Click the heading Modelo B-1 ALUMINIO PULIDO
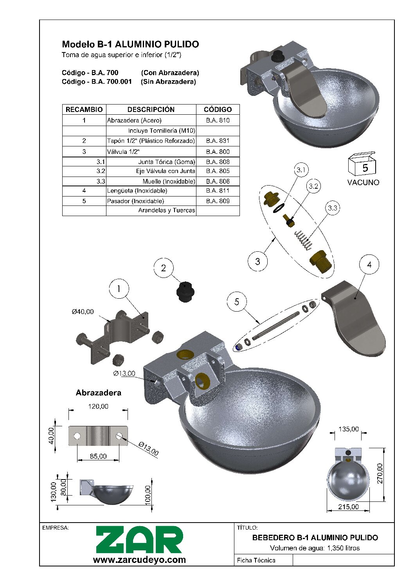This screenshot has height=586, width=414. pos(130,44)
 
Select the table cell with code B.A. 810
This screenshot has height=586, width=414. pos(218,120)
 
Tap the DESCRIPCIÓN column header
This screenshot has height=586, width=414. pos(151,110)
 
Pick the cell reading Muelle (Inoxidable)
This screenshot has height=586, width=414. pos(169,181)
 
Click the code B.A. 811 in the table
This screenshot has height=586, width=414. pos(218,191)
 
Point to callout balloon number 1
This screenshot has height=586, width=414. pos(119,289)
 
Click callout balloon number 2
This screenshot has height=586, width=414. pos(163,268)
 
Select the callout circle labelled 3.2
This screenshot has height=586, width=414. pos(313,186)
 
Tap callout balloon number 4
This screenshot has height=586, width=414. pos(369,265)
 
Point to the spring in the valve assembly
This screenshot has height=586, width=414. pos(303,240)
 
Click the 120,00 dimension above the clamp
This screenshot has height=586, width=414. pos(98,406)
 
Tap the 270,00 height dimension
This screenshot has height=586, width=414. pos(380,474)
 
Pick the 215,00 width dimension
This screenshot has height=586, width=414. pos(348,507)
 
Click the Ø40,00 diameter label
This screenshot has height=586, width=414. pos(83,312)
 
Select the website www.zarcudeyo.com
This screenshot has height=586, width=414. pos(139,560)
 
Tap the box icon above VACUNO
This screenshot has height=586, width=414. pos(362,164)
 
